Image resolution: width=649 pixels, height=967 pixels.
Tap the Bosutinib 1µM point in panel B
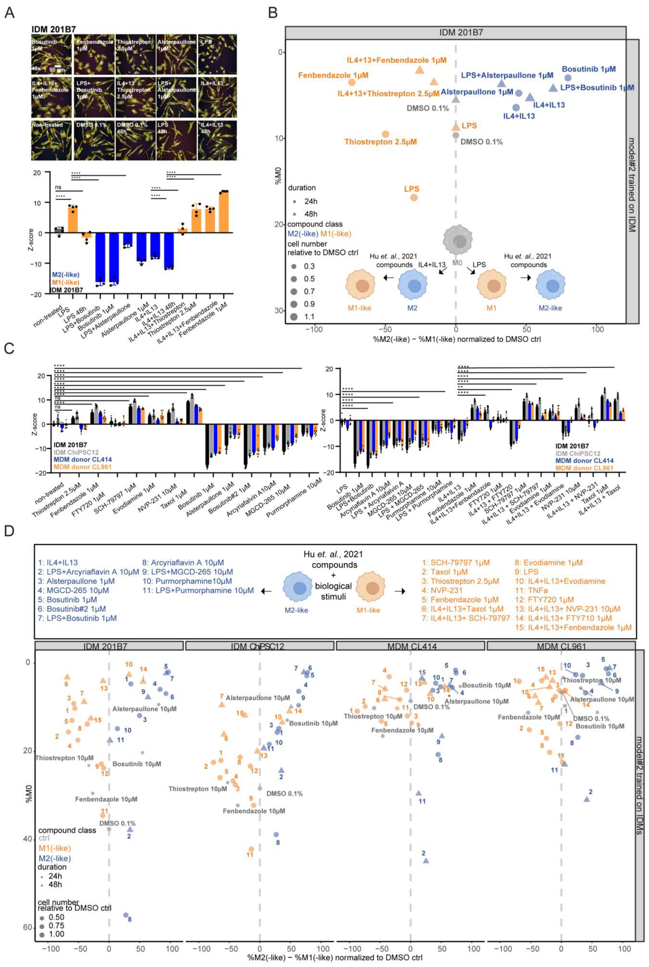click(568, 78)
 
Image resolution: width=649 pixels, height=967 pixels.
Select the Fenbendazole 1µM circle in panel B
click(352, 82)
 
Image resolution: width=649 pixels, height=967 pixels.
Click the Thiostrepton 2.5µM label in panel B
click(380, 142)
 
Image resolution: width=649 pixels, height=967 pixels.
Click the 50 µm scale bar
click(58, 67)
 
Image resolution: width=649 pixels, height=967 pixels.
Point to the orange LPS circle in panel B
click(414, 197)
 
